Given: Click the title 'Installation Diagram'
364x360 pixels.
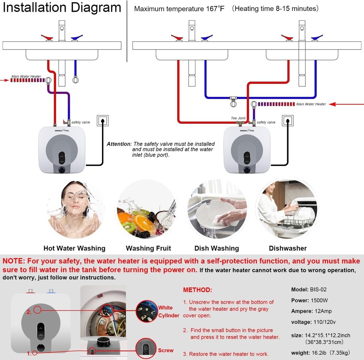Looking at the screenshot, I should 62,8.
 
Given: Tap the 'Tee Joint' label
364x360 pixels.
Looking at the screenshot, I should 238,118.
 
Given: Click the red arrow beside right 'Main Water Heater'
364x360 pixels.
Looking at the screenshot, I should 346,104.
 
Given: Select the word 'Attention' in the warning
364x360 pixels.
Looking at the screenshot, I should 118,144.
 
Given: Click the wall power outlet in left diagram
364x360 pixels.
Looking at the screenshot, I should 103,120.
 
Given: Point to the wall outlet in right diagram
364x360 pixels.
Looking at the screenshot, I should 288,120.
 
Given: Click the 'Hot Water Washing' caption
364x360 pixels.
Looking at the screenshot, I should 74,248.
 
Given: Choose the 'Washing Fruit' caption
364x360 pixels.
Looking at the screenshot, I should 148,248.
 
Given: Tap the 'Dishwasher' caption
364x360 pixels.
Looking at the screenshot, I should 288,248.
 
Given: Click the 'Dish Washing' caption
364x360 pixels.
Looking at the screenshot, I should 217,248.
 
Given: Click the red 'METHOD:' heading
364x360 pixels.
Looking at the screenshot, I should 197,290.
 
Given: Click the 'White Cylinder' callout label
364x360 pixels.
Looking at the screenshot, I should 169,312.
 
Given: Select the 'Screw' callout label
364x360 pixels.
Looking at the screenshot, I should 166,350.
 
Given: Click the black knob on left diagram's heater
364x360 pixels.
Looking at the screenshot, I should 62,170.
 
